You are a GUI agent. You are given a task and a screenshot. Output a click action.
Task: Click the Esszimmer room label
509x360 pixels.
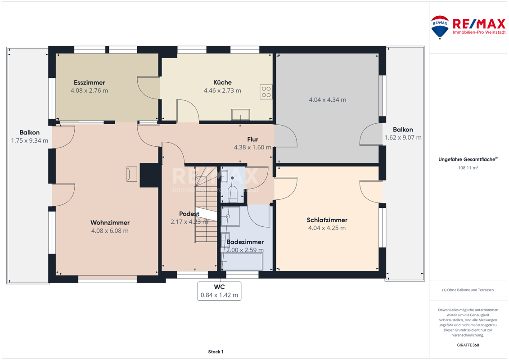pos(89,82)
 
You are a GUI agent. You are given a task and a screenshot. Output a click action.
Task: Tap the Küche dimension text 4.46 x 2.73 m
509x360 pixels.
pos(222,90)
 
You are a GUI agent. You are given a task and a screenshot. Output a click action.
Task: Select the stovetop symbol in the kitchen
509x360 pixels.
pos(266,92)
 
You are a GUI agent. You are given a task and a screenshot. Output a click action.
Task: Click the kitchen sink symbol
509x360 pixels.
pos(240,115)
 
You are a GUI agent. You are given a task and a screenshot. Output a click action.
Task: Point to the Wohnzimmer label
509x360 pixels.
pos(110,223)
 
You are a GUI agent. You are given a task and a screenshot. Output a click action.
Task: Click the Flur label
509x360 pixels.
pos(252,139)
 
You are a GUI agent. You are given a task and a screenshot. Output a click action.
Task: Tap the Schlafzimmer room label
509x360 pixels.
pos(327,220)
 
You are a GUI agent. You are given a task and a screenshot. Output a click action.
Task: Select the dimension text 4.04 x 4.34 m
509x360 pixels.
pos(328,99)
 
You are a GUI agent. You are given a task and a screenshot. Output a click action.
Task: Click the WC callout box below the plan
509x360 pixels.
pos(220,291)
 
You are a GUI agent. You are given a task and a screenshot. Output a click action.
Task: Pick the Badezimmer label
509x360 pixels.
pos(245,242)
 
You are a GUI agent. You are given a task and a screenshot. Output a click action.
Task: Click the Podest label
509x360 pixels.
pos(189,214)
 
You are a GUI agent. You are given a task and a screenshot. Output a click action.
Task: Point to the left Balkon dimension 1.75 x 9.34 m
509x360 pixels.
pos(30,140)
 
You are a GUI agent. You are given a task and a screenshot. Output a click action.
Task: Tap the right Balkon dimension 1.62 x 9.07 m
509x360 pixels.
pos(403,138)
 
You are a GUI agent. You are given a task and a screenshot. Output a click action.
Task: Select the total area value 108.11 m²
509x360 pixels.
pos(468,168)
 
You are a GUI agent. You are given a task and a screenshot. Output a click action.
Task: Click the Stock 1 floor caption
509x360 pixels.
pos(216,351)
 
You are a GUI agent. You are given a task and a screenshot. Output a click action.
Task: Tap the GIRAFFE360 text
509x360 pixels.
pos(468,345)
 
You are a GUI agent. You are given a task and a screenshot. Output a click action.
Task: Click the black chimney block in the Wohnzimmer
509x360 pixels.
pos(150,175)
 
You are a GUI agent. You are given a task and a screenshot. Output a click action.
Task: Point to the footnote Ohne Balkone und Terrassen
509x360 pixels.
pos(468,290)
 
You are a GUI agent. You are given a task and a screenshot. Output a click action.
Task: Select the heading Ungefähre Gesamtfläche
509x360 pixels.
pos(468,159)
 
